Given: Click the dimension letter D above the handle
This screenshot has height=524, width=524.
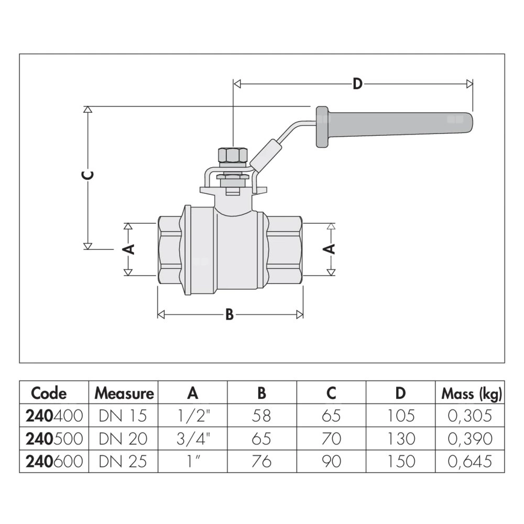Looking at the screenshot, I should (357, 84).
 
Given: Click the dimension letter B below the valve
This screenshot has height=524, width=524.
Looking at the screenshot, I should (229, 314).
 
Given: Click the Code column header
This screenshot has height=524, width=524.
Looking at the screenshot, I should (49, 392).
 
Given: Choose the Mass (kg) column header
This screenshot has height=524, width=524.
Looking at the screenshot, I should (472, 392).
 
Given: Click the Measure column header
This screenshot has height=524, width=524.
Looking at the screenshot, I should (124, 392).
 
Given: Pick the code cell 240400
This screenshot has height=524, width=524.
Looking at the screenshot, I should (54, 416).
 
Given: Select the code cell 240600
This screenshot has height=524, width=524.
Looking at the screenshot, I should (54, 461).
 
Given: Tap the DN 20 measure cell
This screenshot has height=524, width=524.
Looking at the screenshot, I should (123, 439).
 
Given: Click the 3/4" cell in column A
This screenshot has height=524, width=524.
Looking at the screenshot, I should (193, 439).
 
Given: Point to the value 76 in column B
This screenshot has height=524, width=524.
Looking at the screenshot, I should (261, 461).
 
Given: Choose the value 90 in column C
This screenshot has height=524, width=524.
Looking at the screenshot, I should (331, 461).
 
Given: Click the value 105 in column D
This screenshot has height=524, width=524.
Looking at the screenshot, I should (401, 416).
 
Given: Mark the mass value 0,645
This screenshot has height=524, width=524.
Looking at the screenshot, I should (470, 461).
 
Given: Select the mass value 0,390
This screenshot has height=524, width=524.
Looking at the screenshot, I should (470, 439).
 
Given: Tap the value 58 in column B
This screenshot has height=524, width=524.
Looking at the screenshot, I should (261, 416).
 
